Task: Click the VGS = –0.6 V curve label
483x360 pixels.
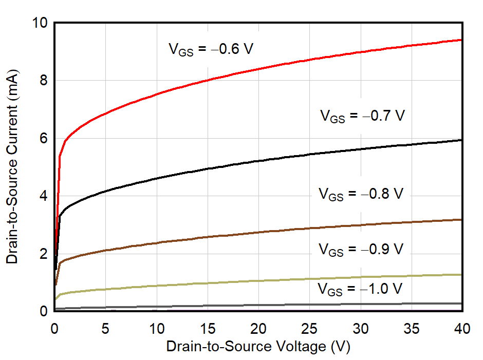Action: (211, 49)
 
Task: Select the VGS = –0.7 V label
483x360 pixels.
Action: (363, 116)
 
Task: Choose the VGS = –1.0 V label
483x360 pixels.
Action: (360, 288)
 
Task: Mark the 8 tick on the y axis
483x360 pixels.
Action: (44, 81)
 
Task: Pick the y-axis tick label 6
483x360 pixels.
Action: (44, 138)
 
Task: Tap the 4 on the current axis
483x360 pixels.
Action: (44, 196)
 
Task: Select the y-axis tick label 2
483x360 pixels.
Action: (44, 254)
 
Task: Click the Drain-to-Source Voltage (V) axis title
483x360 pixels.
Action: (258, 347)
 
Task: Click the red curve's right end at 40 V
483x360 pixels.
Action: (461, 40)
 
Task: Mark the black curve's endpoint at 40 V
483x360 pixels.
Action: (461, 140)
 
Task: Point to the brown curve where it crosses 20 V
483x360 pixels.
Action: (258, 232)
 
